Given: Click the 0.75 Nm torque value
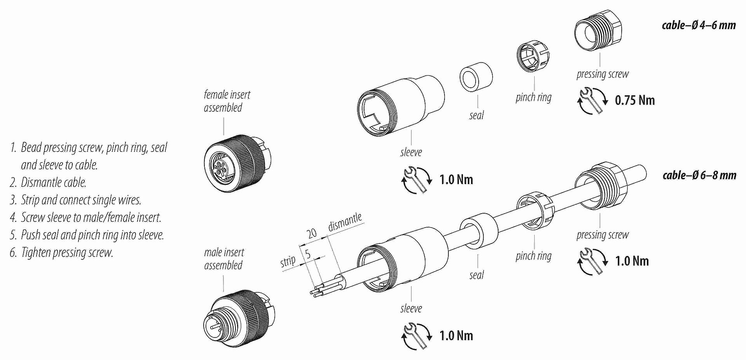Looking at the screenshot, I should click(634, 101).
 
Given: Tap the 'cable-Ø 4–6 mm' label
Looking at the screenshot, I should click(699, 26).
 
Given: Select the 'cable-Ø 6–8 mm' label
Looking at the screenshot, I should click(699, 176).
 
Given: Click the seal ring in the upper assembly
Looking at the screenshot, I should click(476, 77).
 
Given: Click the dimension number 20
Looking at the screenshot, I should click(312, 233).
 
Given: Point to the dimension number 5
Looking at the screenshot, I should click(308, 254).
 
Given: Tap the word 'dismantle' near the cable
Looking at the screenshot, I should click(345, 222).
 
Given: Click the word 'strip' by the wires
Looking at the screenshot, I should click(288, 261).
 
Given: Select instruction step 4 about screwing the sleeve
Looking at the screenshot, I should click(86, 217).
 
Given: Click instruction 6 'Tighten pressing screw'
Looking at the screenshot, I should click(62, 253).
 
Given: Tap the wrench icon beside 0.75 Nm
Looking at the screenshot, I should click(592, 101).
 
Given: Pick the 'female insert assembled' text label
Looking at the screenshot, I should click(227, 101).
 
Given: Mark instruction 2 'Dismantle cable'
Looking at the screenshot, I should click(49, 183).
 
